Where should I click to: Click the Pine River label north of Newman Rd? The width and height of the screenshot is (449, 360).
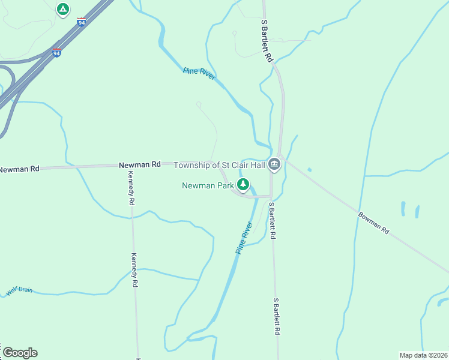[x=199, y=74]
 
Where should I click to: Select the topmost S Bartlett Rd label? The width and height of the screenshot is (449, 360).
[x=267, y=41]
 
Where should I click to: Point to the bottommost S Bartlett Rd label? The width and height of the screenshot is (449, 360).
[x=277, y=316]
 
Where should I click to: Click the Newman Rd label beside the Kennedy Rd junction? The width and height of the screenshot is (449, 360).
[x=140, y=164]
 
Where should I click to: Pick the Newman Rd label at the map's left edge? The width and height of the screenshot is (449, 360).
[x=19, y=169]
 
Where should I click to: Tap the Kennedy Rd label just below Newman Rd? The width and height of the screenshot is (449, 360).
[x=130, y=188]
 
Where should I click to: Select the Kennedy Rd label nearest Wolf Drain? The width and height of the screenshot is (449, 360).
[x=134, y=269]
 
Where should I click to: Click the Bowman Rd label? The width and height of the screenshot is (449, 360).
[x=374, y=223]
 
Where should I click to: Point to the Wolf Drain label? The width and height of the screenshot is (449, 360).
[x=19, y=292]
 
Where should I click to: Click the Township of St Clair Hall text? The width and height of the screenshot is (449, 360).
[x=219, y=165]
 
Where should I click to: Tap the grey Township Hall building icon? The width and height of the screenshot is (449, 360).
[x=274, y=164]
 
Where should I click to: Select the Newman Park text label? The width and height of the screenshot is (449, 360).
[x=208, y=185]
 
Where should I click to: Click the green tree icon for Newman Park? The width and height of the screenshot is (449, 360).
[x=243, y=185]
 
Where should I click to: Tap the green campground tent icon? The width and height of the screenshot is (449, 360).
[x=62, y=10]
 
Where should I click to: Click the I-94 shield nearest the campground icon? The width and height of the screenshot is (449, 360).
[x=81, y=22]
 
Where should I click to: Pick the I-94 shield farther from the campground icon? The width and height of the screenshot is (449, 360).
[x=56, y=53]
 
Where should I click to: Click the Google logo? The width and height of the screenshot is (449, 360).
[x=20, y=352]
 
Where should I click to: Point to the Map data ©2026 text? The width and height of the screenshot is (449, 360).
[x=423, y=355]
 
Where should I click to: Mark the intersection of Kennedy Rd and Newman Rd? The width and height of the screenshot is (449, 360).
[x=128, y=165]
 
